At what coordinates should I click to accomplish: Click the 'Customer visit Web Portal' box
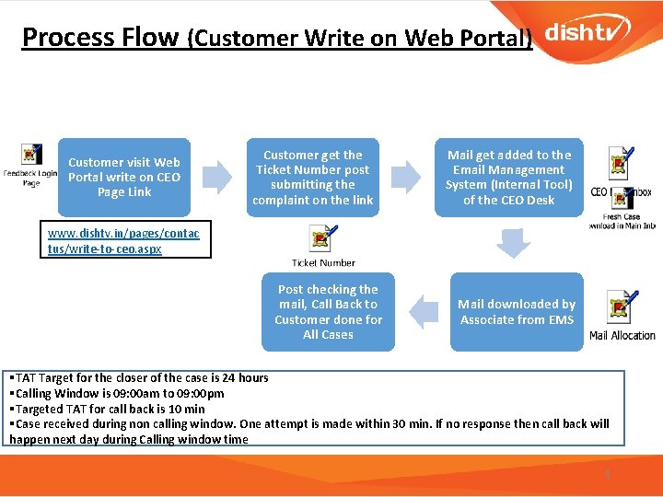pos(124,177)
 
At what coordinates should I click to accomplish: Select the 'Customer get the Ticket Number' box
pos(313,177)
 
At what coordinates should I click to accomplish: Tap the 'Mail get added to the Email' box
pos(509,177)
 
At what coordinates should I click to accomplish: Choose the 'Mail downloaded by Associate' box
pos(517,311)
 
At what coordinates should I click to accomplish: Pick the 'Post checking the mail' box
pos(328,311)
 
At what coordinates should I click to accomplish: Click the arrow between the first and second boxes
pos(217,177)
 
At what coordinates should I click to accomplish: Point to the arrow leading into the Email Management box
pos(406,177)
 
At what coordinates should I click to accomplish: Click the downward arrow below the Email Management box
pos(514,243)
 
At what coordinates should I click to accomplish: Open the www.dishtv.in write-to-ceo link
pos(117,242)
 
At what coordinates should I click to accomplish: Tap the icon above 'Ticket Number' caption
pos(321,239)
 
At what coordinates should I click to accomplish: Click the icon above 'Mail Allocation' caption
pos(621,307)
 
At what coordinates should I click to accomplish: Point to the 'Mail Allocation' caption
pos(622,336)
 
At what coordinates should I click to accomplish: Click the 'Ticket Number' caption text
pos(323,263)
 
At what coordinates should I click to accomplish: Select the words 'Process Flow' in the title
pos(99,37)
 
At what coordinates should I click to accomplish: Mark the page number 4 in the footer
pos(607,474)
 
